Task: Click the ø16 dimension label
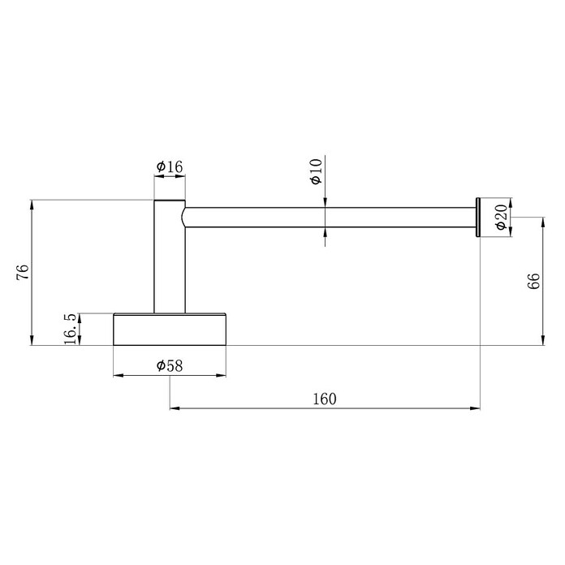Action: tap(170, 167)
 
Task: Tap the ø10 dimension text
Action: tap(316, 171)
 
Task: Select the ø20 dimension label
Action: tap(502, 217)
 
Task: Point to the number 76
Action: tap(23, 272)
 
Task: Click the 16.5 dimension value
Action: tap(71, 329)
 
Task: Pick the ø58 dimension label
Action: tap(170, 366)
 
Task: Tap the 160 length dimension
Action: tap(324, 399)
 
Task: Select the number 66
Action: tap(533, 281)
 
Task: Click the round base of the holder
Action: tap(170, 330)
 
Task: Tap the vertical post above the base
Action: tap(170, 257)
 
